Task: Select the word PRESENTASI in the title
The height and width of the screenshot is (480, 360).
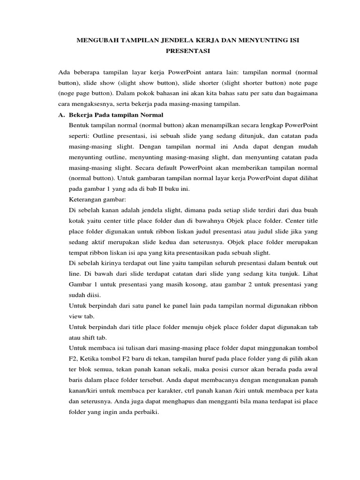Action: pyautogui.click(x=187, y=51)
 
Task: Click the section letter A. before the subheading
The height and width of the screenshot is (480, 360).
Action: pyautogui.click(x=61, y=115)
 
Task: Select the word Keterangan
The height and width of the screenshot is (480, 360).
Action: pyautogui.click(x=86, y=199)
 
